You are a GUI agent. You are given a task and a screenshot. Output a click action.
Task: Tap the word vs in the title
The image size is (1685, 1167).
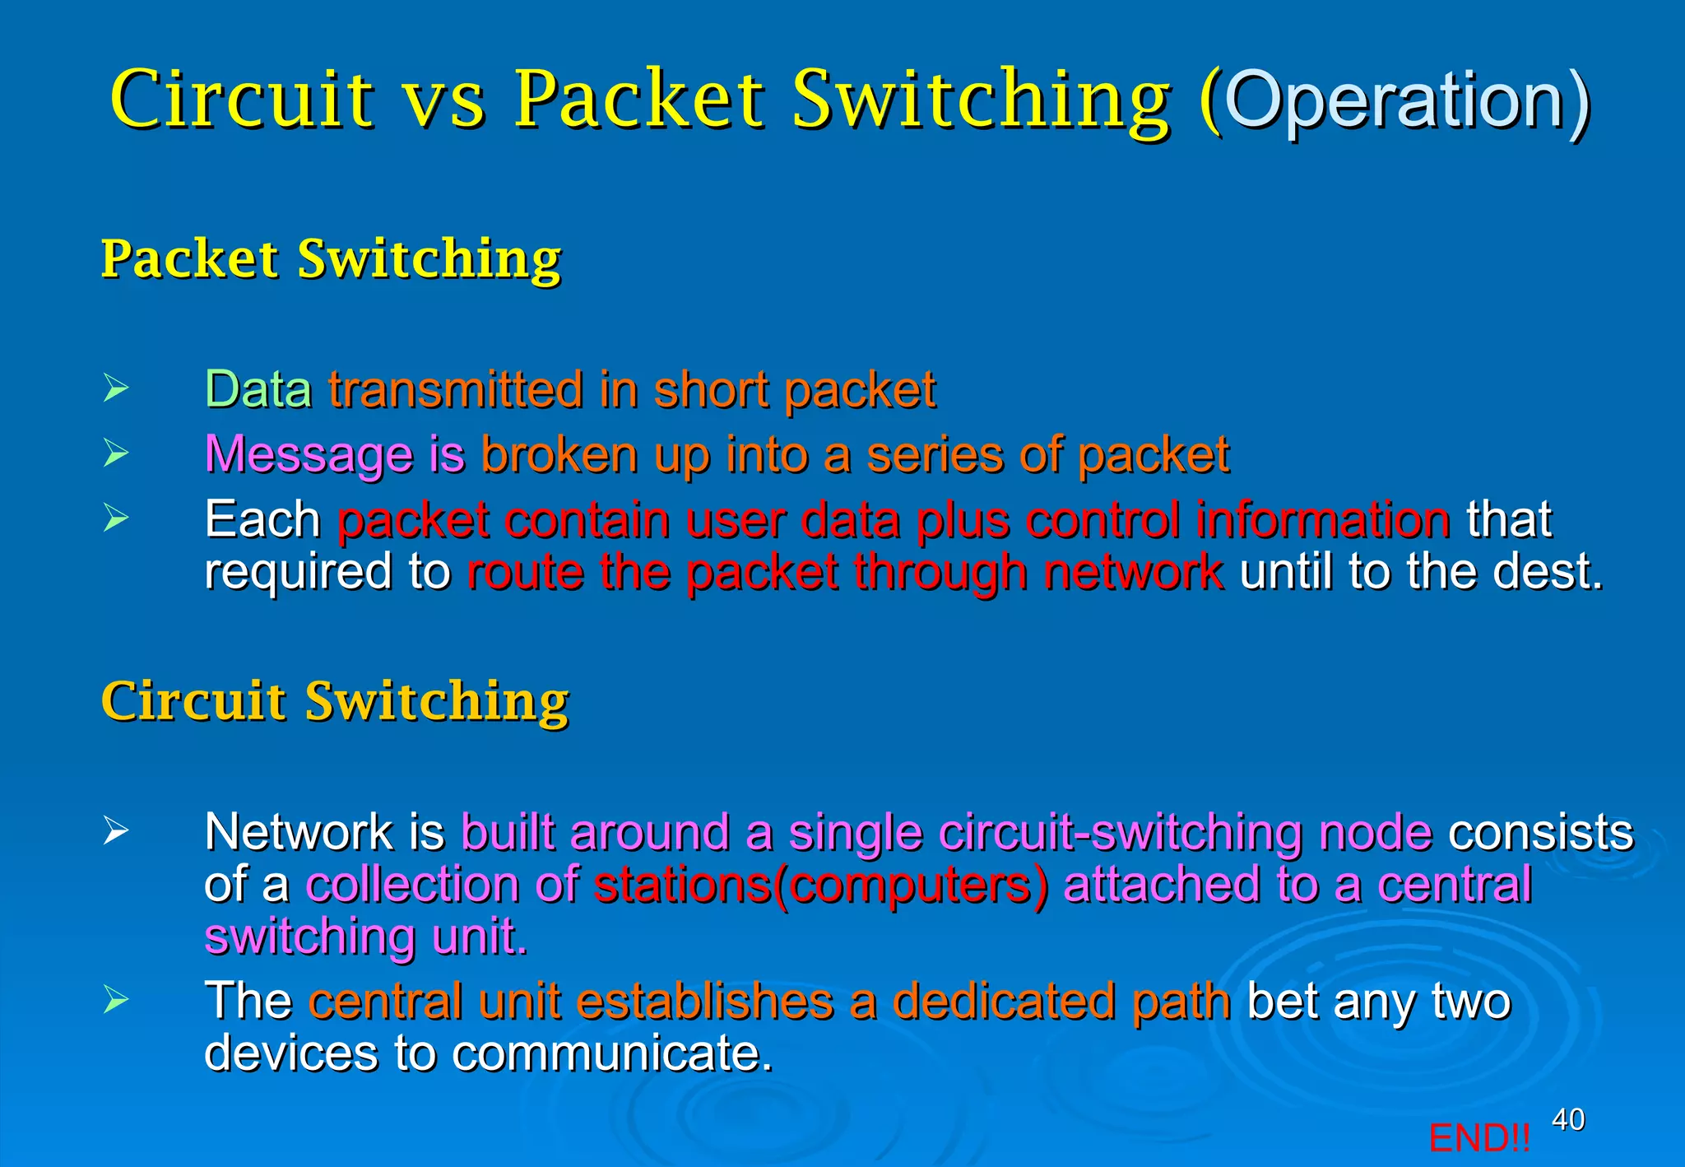(x=444, y=100)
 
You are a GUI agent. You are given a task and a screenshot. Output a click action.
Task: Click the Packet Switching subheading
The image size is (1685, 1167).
(x=331, y=258)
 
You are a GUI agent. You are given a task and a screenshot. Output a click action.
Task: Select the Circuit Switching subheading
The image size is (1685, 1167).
(x=335, y=701)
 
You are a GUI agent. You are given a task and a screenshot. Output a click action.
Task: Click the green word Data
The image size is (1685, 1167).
(x=258, y=389)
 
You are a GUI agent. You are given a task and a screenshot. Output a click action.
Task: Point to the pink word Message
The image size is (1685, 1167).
(x=309, y=454)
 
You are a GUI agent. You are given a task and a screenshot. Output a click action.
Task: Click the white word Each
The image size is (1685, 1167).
(x=262, y=519)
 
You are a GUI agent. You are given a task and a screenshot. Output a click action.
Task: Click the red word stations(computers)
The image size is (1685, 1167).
(x=821, y=885)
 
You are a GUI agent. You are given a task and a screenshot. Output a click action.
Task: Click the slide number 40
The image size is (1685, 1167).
(x=1567, y=1119)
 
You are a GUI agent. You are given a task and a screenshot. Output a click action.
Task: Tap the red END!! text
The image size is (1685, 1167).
(x=1478, y=1138)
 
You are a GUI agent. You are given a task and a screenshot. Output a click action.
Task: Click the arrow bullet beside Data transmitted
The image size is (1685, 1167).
(x=116, y=388)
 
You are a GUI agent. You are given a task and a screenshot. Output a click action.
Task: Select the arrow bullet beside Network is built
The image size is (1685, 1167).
(x=116, y=830)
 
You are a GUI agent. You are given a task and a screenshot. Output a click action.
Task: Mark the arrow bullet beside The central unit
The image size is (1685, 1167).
(x=116, y=1000)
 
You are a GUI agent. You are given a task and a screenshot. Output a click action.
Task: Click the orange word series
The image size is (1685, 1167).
(x=935, y=454)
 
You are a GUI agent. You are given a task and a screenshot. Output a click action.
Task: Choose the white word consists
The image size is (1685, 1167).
(x=1540, y=832)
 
